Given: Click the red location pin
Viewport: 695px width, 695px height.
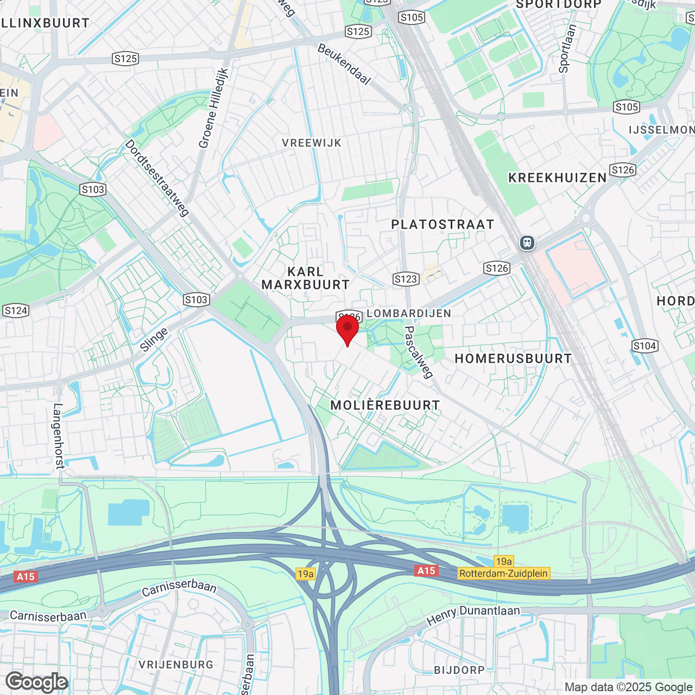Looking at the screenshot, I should pos(347,328).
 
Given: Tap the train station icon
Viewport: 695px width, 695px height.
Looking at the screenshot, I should pos(527,243).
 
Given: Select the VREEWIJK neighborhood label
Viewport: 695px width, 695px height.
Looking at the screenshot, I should pos(312,143).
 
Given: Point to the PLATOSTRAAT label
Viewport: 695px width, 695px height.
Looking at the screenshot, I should pos(443,224).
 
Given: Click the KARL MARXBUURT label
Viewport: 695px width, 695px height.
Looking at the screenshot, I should pos(306,278).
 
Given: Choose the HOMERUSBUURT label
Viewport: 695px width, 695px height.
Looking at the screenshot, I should pos(513,358).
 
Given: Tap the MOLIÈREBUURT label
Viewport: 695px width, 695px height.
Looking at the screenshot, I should pos(385,405).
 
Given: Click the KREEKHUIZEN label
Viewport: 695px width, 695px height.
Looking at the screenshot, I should pos(557,178).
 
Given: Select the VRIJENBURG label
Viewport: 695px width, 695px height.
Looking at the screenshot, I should pos(176,665).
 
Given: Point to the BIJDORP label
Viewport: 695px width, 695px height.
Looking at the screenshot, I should pos(459,670).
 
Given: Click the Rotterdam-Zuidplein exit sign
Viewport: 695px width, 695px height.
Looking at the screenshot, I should pos(503,573).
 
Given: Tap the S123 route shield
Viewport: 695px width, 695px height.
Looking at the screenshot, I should pos(406,279).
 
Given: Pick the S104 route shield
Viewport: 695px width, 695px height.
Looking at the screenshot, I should pos(645,346).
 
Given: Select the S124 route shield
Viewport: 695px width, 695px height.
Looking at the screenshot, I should pos(16,311).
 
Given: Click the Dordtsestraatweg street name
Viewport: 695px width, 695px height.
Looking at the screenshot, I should pos(157,178).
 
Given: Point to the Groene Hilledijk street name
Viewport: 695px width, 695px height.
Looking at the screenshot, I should pos(213,108).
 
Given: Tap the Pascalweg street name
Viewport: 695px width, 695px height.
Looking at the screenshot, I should pos(419,352).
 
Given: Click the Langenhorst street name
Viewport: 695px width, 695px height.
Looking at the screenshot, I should pos(59,435).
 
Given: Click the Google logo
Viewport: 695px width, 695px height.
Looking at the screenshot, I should pos(37,682).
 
